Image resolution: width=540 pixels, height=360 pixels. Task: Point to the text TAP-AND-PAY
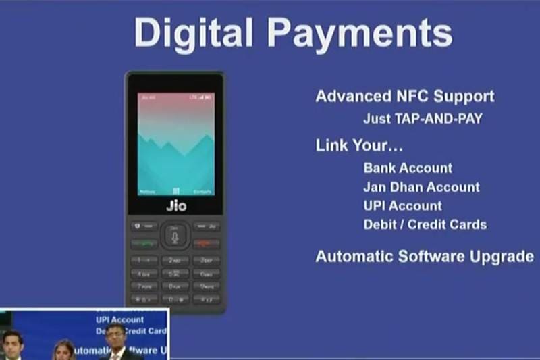[x=442, y=118]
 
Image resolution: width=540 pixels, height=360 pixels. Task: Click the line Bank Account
[x=408, y=168]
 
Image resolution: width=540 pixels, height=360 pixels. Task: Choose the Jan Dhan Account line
[x=421, y=186]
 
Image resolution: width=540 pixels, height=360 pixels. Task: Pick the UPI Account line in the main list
[x=402, y=205]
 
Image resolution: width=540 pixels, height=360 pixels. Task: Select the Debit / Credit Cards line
[x=425, y=224]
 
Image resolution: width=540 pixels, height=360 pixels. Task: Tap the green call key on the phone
[x=145, y=242]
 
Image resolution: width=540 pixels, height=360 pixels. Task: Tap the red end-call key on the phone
[x=206, y=242]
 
